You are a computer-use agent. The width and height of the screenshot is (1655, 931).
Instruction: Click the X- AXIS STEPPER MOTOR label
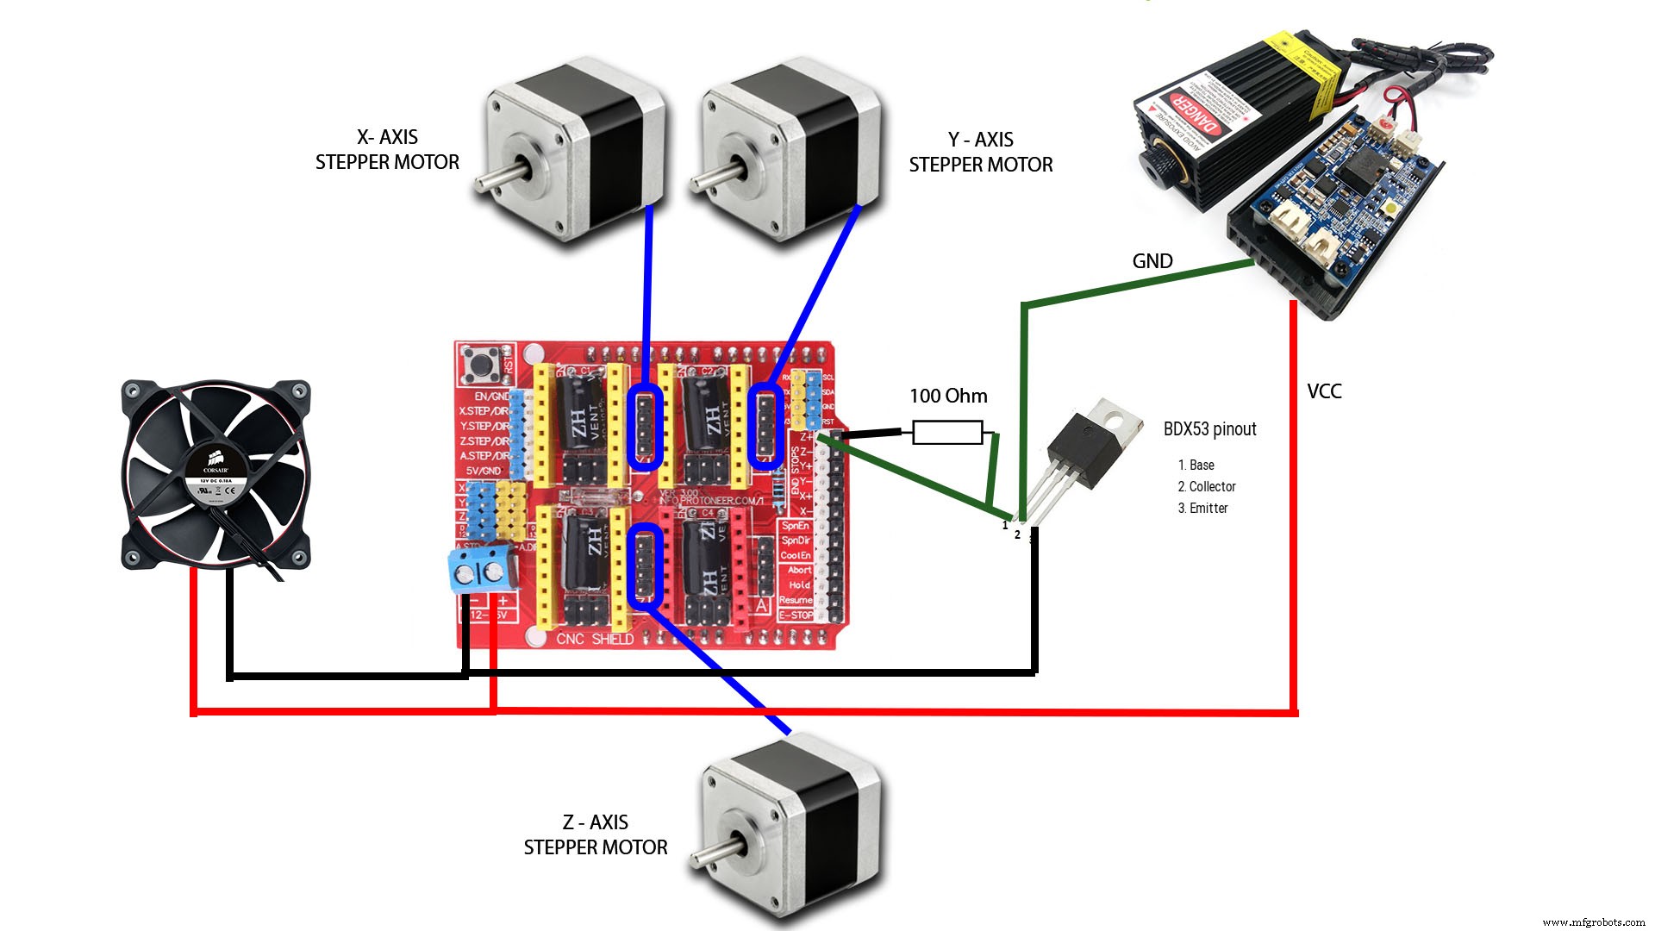(x=387, y=150)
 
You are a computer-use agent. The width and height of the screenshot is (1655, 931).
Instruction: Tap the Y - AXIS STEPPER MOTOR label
(x=981, y=153)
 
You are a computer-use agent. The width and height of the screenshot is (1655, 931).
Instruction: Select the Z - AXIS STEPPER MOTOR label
(x=596, y=835)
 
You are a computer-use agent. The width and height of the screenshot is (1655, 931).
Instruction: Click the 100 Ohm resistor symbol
(x=947, y=432)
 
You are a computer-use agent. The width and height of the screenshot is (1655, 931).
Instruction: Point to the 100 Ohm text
(x=948, y=396)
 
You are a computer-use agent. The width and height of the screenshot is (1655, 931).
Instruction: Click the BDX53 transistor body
(x=1083, y=452)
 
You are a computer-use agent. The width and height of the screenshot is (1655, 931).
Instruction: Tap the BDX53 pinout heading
(x=1209, y=429)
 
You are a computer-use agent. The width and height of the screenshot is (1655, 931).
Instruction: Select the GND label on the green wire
(x=1152, y=261)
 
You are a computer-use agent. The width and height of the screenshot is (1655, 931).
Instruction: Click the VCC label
(x=1324, y=391)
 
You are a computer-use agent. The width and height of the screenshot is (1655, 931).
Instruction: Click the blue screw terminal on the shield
(x=479, y=571)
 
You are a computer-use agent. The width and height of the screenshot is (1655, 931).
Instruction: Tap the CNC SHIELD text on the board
(x=595, y=639)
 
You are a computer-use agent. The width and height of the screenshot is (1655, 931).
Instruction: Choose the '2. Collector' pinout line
(x=1207, y=487)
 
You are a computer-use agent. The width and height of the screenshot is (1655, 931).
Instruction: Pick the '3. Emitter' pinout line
(x=1202, y=509)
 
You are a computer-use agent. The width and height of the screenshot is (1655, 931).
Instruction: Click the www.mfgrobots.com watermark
(x=1593, y=922)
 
